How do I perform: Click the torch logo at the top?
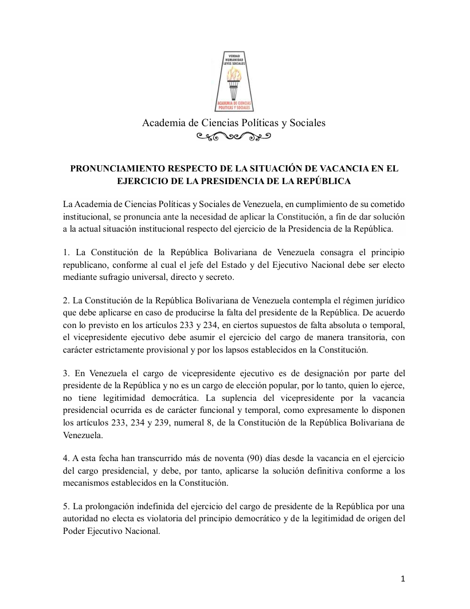click(234, 81)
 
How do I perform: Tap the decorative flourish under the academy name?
click(233, 136)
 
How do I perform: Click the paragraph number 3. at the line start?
click(66, 374)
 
